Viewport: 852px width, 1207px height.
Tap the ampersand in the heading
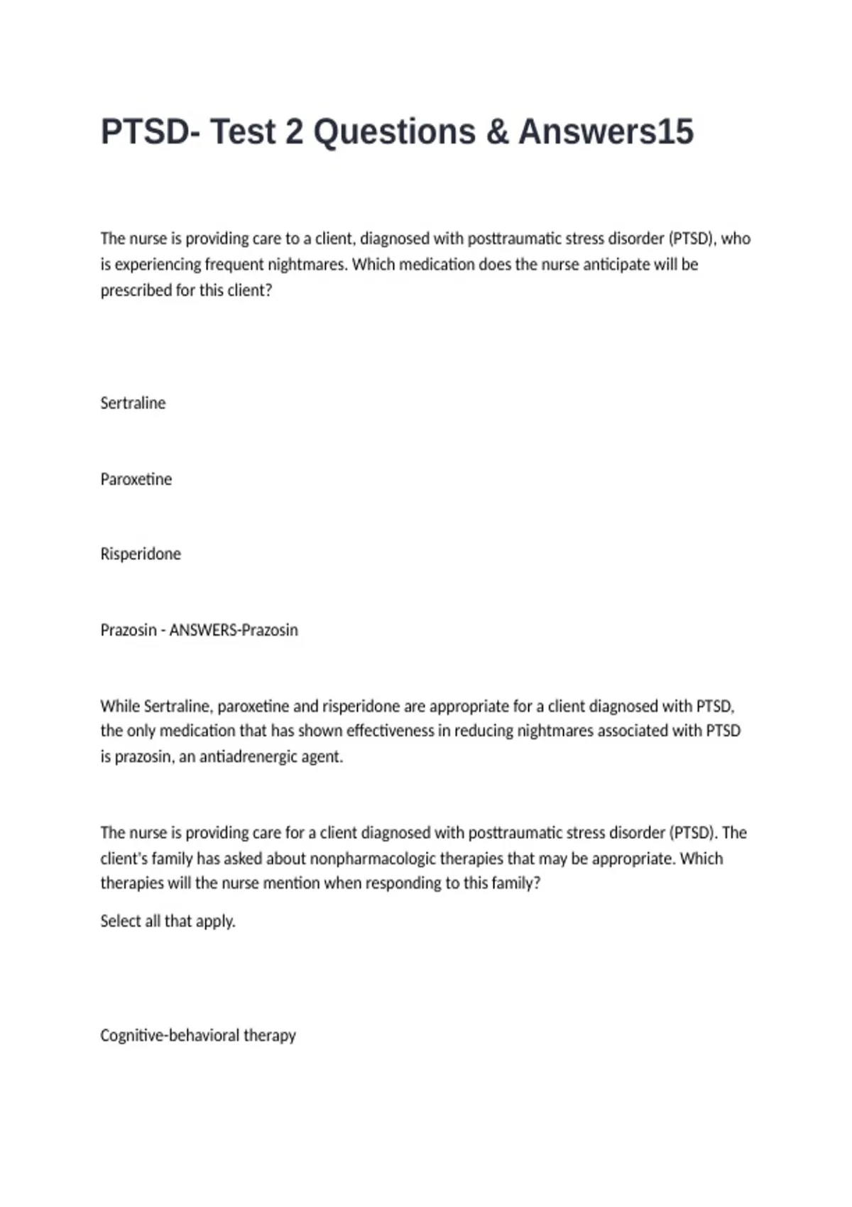[x=497, y=132]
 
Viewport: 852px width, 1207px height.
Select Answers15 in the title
[x=606, y=132]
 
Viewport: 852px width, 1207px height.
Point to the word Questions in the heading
[x=395, y=132]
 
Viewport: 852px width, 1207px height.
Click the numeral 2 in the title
[x=294, y=132]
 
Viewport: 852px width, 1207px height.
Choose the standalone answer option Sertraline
[x=133, y=403]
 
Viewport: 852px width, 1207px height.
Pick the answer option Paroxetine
[x=136, y=479]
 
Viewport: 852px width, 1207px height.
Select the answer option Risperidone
[x=141, y=554]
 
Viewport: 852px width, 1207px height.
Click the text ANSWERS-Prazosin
[x=234, y=630]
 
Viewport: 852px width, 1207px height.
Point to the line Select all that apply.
[x=168, y=922]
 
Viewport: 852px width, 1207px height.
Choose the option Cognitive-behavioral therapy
[x=197, y=1035]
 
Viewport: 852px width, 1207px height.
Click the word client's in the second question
[x=124, y=858]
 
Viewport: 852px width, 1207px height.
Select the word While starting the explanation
[x=119, y=706]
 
